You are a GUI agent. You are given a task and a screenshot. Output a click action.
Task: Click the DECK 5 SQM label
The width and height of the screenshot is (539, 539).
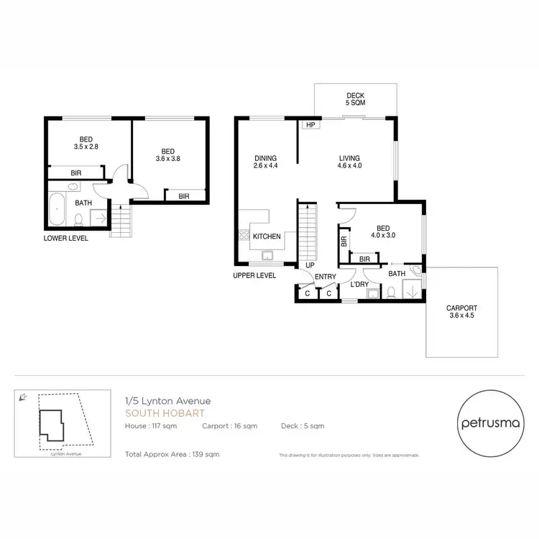[355, 98]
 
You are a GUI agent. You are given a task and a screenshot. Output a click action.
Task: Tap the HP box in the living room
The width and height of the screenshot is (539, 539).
[310, 125]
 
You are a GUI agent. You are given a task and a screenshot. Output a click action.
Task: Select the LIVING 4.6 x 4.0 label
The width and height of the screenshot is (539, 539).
[350, 162]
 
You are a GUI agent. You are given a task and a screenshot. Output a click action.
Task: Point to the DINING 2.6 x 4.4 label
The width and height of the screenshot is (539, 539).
[265, 162]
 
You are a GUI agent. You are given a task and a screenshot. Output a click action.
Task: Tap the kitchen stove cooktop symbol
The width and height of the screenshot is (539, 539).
[244, 236]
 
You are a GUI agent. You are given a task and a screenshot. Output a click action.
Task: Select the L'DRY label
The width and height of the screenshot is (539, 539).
[359, 285]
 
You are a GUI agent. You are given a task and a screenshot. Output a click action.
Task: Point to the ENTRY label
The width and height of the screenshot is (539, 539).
[326, 277]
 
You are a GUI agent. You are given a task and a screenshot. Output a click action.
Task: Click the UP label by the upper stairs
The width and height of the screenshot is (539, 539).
[310, 265]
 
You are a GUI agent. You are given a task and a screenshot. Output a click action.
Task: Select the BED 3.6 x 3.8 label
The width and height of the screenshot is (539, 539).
[168, 155]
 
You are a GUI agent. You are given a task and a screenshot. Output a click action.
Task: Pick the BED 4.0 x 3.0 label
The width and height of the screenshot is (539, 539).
[383, 231]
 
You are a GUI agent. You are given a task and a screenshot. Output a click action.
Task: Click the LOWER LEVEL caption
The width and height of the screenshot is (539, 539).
[65, 239]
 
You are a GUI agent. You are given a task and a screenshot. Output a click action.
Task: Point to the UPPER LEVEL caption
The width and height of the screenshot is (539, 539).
[254, 275]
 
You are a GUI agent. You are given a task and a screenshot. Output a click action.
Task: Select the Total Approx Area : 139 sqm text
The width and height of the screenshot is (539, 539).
[172, 454]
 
